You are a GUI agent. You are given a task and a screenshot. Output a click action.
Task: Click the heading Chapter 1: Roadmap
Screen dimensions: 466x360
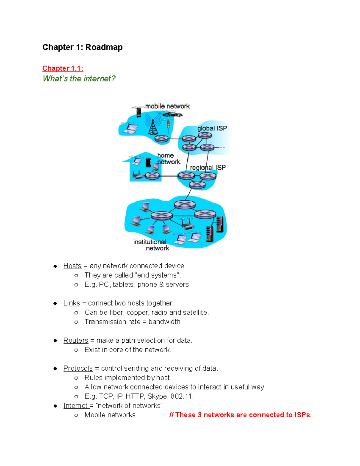click(x=82, y=47)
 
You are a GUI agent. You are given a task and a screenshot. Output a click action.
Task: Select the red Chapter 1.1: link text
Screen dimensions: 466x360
click(x=63, y=68)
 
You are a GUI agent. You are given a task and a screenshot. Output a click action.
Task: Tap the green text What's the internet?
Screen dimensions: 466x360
click(x=79, y=79)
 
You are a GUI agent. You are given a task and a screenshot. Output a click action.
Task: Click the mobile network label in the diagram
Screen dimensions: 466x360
click(x=167, y=106)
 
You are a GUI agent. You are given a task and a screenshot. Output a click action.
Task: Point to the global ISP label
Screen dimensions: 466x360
click(x=212, y=128)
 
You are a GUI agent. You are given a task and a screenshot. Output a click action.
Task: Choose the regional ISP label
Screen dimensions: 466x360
click(x=208, y=167)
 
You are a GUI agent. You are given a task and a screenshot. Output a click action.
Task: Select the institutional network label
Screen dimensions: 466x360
click(x=151, y=245)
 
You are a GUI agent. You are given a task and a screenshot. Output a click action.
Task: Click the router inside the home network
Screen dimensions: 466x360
click(x=152, y=176)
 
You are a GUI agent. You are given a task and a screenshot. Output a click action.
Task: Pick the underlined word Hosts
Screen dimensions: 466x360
click(x=72, y=266)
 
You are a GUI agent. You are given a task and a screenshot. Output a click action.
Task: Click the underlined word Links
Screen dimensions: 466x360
click(x=72, y=303)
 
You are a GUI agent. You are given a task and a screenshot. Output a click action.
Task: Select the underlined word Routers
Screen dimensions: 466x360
click(x=76, y=340)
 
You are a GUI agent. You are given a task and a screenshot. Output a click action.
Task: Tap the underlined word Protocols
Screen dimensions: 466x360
click(x=78, y=368)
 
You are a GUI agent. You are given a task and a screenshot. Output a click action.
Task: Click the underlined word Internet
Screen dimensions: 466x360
click(x=76, y=406)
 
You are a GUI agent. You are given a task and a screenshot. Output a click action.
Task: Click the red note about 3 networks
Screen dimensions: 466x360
click(x=240, y=415)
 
